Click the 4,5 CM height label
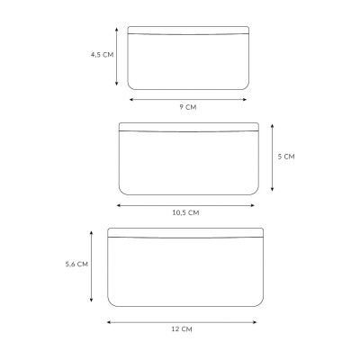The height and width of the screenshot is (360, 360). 103,55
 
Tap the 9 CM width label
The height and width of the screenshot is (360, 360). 188,107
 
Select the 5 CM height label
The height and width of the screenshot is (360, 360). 286,157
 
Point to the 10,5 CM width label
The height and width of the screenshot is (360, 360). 185,212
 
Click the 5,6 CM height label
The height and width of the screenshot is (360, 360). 76,265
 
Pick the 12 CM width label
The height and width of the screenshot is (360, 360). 182,329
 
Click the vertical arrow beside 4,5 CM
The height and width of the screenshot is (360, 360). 117,57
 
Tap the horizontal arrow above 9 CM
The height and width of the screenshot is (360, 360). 188,100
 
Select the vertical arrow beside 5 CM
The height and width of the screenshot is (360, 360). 272,157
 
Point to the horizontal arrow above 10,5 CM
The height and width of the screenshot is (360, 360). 185,205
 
